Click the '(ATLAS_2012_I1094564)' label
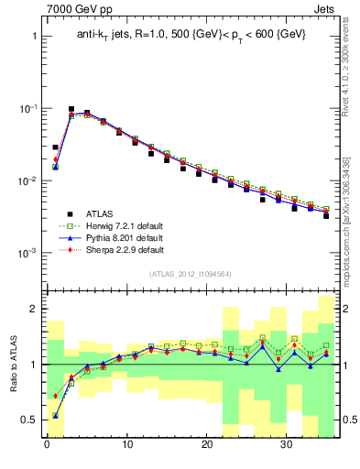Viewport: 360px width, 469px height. (190, 272)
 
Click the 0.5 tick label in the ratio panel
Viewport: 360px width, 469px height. (28, 420)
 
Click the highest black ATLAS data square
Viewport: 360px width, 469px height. (71, 109)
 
